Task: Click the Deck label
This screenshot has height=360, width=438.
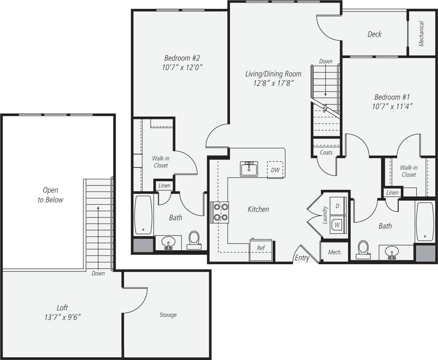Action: (x=374, y=34)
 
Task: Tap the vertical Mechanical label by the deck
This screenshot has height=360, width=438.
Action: (x=421, y=34)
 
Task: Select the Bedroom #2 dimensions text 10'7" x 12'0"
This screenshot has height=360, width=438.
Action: (x=182, y=67)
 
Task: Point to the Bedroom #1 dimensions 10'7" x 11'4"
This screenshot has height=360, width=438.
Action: (x=393, y=107)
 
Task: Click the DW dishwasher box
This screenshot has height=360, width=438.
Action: (x=275, y=170)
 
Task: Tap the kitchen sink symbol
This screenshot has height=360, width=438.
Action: (x=249, y=169)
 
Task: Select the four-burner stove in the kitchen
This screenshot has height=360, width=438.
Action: (x=220, y=212)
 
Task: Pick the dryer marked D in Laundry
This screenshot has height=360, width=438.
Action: (x=337, y=206)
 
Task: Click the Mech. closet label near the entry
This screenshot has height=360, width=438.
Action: (x=335, y=252)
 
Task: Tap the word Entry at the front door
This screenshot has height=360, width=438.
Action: (x=302, y=258)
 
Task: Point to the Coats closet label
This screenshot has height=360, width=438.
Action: (x=326, y=152)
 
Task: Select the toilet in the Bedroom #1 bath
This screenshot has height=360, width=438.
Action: (x=363, y=249)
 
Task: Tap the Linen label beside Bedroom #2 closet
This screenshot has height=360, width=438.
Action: (x=164, y=186)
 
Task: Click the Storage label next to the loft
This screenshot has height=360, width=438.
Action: (x=168, y=315)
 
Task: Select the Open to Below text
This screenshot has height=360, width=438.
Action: (x=50, y=195)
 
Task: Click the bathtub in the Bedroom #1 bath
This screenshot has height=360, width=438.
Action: (x=425, y=221)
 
